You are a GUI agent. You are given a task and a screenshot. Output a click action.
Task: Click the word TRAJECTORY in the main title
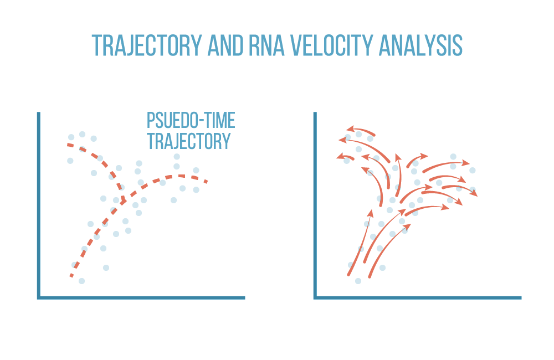point(147,45)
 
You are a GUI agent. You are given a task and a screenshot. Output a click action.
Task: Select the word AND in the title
point(225,45)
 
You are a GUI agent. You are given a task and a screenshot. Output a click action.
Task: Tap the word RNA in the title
point(266,45)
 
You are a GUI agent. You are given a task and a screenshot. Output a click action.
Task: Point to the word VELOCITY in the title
point(331,45)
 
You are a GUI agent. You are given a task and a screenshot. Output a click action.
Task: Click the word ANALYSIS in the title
point(420,45)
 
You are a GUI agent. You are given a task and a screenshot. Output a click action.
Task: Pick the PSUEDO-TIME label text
point(191,121)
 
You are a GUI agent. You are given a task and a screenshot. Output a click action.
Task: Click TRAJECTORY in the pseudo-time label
point(189,141)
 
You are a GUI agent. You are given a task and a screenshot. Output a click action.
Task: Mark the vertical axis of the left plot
point(39,205)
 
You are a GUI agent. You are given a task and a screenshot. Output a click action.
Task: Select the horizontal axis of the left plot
point(141,298)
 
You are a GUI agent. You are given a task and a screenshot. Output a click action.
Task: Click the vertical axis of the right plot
point(315,205)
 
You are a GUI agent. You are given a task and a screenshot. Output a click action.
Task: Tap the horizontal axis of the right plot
point(418,298)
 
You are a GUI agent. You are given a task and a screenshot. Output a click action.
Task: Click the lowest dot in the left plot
point(81,281)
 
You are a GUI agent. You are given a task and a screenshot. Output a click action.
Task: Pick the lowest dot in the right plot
point(358,281)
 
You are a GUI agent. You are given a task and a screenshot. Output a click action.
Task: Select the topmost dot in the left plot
point(83,134)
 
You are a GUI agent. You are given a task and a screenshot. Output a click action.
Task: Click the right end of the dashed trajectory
point(207,181)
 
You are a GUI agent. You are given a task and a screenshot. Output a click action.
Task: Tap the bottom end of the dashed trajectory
point(71,276)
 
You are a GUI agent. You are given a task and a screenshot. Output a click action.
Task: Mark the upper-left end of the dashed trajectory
point(68,145)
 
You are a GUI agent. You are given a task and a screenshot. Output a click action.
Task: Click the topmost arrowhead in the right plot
point(350,128)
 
